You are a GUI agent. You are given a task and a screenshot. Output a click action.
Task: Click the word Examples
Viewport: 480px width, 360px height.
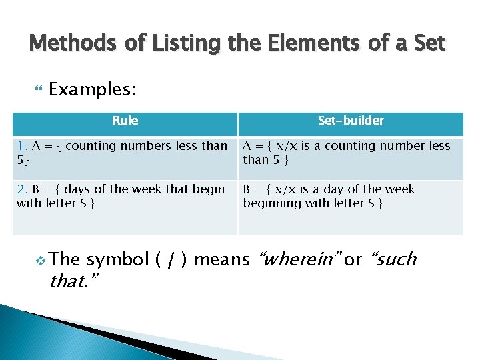coord(93,89)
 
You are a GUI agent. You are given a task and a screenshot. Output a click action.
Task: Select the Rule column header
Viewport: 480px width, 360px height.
coord(125,121)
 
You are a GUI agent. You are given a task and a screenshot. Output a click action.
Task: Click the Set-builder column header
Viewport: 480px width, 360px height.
coord(351,121)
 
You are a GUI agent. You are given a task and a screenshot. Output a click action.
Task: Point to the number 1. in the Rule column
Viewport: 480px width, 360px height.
coord(23,146)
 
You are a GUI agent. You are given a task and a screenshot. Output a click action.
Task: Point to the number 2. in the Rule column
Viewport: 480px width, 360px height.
coord(23,189)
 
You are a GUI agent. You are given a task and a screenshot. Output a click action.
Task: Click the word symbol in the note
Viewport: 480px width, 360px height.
coord(118,259)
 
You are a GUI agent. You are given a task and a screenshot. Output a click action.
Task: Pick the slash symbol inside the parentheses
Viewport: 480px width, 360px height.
coord(171,259)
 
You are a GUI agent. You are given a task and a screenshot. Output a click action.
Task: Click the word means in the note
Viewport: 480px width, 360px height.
coord(222,259)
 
